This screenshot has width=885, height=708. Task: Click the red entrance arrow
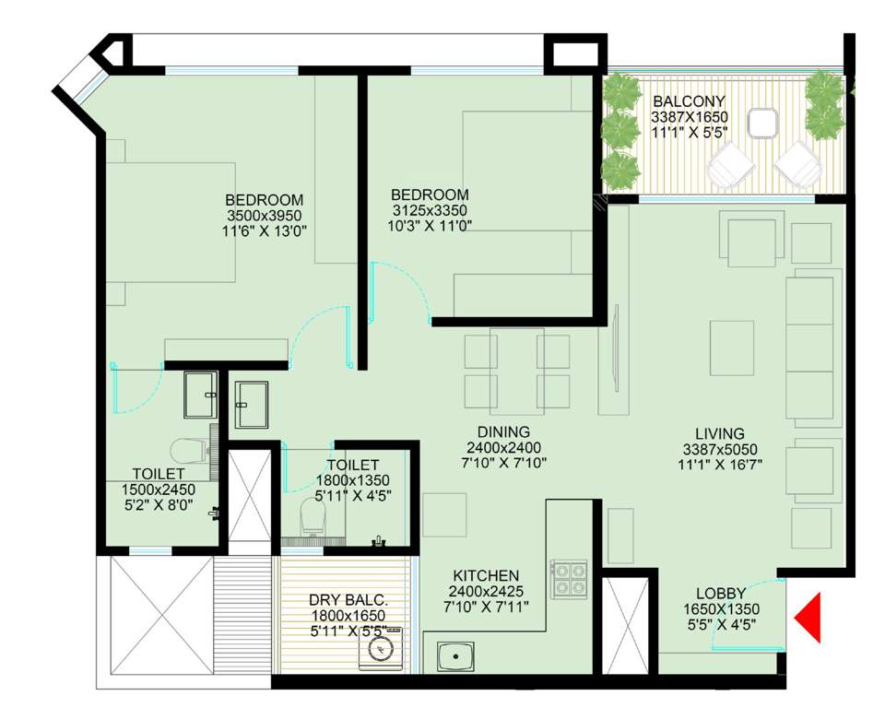(x=810, y=618)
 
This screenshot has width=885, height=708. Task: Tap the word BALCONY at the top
(x=689, y=100)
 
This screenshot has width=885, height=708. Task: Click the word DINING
(x=503, y=431)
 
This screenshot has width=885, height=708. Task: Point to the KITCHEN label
(x=484, y=574)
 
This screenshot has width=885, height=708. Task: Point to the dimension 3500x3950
(x=265, y=216)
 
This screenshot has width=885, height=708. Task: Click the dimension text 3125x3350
(x=429, y=210)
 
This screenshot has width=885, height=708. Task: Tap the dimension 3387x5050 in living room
(x=720, y=450)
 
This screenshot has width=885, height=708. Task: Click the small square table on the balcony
(x=763, y=123)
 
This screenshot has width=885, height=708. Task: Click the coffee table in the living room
(x=731, y=348)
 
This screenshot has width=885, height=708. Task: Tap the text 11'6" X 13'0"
(x=265, y=231)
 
